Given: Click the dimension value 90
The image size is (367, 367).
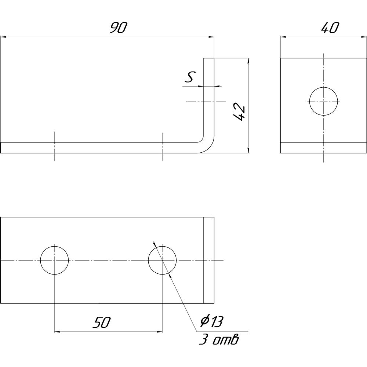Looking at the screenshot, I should tap(118, 28).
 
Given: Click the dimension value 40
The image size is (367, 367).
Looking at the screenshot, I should tap(329, 28).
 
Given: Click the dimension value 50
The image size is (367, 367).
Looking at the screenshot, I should tap(102, 323).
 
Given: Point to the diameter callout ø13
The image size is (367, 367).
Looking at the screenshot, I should tap(212, 322).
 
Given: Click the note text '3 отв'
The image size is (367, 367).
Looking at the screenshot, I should tap(219, 339).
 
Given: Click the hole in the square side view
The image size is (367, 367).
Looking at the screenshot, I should tap(323, 101).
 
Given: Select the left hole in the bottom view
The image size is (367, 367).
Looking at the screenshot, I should tap(54, 260).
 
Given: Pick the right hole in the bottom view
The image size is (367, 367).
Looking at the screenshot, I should tap(162, 260).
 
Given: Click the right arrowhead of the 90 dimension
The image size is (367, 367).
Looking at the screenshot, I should tap(212, 37).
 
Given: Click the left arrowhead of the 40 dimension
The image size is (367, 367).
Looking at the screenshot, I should tap(283, 37).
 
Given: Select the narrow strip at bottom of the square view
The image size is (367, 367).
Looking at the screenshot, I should tap(323, 148).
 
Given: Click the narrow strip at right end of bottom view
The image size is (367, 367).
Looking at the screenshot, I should tap(208, 260).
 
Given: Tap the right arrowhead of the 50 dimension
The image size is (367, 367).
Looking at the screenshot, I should tap(160, 332).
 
